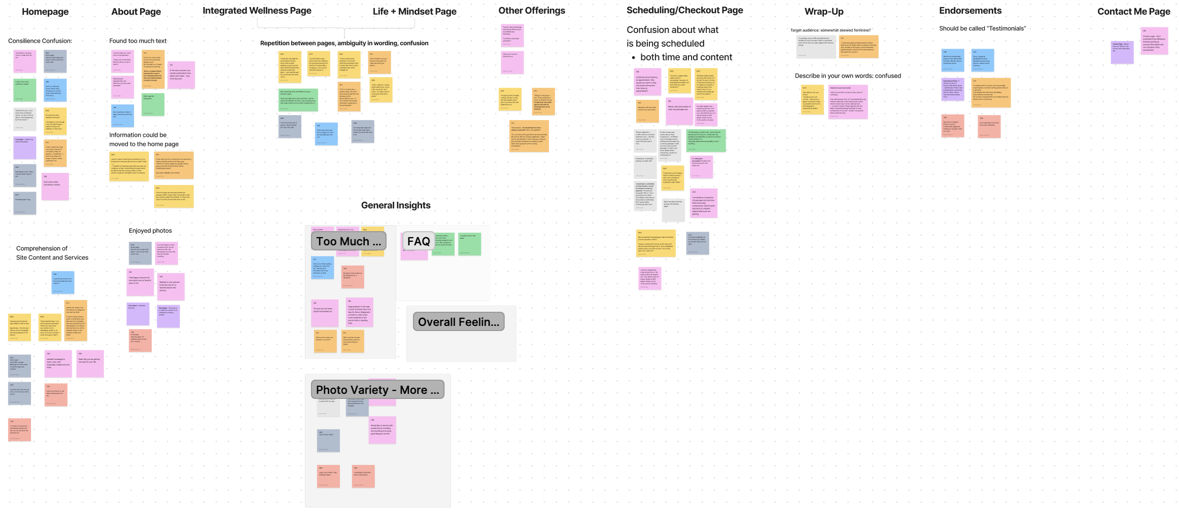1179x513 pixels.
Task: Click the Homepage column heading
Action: click(45, 12)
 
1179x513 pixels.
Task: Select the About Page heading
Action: click(136, 12)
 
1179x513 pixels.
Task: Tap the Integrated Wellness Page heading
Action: click(257, 11)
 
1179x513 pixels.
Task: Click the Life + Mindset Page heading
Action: click(414, 12)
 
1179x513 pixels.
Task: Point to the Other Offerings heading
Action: click(531, 11)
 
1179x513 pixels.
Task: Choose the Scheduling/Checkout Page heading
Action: click(684, 10)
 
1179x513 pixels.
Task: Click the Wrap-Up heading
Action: click(824, 12)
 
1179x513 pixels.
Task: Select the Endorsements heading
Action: click(970, 11)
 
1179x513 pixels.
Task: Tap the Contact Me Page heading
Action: click(1133, 12)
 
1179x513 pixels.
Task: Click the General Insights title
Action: click(396, 205)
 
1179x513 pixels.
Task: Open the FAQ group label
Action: click(419, 241)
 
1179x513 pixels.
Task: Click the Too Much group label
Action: click(349, 241)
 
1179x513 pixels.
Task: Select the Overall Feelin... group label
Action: click(459, 322)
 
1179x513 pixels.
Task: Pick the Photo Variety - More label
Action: click(377, 390)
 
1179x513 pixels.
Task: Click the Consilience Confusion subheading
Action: click(40, 41)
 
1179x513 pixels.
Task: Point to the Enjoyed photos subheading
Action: click(150, 231)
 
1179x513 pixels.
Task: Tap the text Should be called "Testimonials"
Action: click(982, 28)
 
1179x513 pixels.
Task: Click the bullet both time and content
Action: click(686, 57)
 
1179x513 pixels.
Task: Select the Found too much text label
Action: click(138, 41)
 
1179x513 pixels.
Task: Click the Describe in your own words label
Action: click(848, 76)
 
